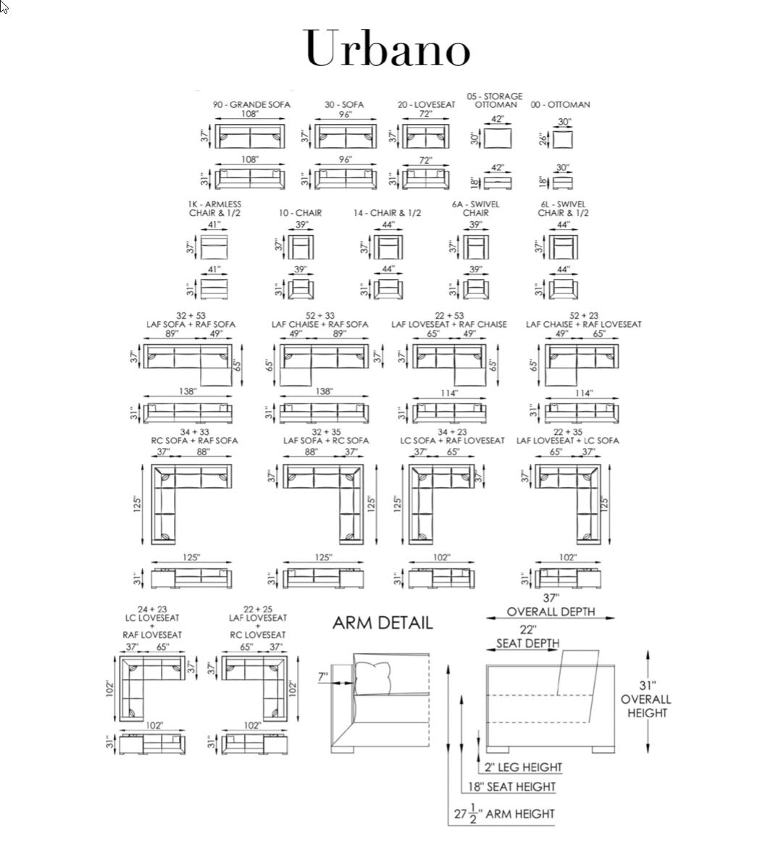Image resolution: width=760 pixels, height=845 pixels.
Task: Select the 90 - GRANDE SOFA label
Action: (x=251, y=104)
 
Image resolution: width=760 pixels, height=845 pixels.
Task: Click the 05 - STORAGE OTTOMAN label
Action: (x=495, y=100)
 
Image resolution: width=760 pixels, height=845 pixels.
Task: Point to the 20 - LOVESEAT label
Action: (x=426, y=104)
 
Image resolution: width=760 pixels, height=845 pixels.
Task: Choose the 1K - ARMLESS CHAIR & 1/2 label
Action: (x=214, y=209)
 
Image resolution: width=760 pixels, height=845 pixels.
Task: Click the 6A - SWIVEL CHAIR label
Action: (x=476, y=209)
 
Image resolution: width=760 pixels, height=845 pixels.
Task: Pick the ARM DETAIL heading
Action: (x=383, y=623)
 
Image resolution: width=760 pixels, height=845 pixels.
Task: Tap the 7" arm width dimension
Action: (x=322, y=676)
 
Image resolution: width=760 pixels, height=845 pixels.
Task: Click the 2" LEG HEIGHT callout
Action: (x=519, y=767)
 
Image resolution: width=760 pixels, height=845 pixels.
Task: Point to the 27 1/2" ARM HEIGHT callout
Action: (x=504, y=814)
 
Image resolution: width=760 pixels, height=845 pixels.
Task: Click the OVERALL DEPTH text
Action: (x=551, y=612)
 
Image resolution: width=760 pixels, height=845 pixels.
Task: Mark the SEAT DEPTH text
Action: (x=527, y=644)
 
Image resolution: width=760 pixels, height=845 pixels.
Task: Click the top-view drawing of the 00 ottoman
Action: (x=564, y=138)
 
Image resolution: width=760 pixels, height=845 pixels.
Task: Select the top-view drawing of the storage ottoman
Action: (x=498, y=137)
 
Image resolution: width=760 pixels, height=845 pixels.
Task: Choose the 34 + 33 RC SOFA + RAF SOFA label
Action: (x=194, y=436)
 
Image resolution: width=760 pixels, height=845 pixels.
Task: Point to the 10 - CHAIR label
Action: (x=300, y=213)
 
